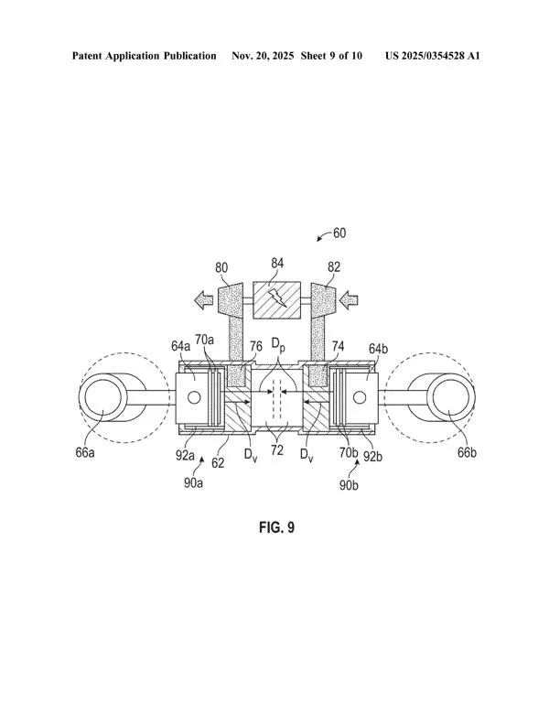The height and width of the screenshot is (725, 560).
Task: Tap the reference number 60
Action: tap(339, 233)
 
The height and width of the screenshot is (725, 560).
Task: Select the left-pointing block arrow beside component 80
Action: tap(203, 300)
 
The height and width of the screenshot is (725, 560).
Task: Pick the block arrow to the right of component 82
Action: tap(348, 300)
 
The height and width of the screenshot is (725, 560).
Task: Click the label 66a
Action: tap(85, 452)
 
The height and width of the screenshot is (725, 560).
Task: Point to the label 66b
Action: tap(467, 452)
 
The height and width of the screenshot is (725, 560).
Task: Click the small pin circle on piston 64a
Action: tap(194, 397)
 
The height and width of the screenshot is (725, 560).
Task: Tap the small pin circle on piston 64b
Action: tap(360, 396)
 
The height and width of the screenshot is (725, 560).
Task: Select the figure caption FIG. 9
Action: tap(276, 527)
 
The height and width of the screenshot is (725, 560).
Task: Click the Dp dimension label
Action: tap(277, 345)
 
